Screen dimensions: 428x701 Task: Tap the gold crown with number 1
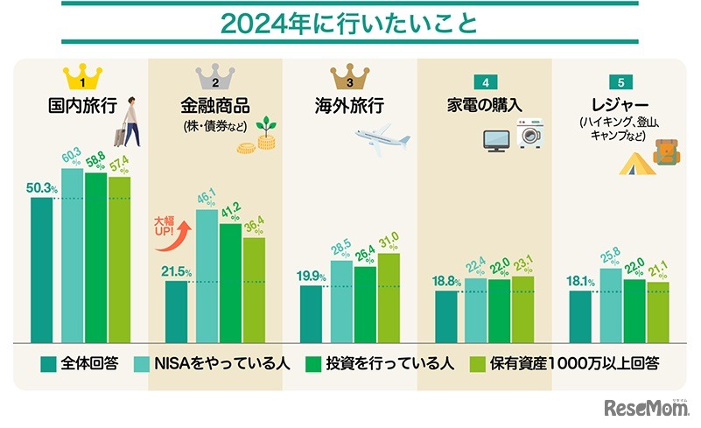81,77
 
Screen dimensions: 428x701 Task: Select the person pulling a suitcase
127,123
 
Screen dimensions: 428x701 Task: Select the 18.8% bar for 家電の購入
445,316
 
